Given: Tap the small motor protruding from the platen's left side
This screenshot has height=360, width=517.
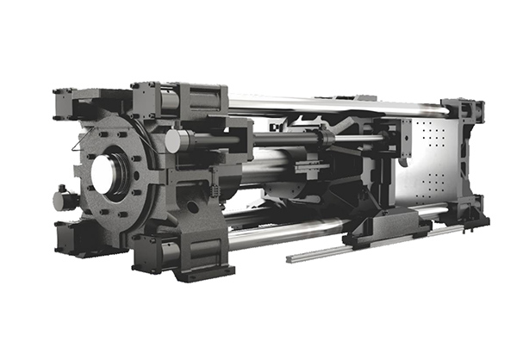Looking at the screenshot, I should click(x=64, y=199).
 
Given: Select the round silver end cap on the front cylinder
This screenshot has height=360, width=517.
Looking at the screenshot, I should click(x=176, y=141).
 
